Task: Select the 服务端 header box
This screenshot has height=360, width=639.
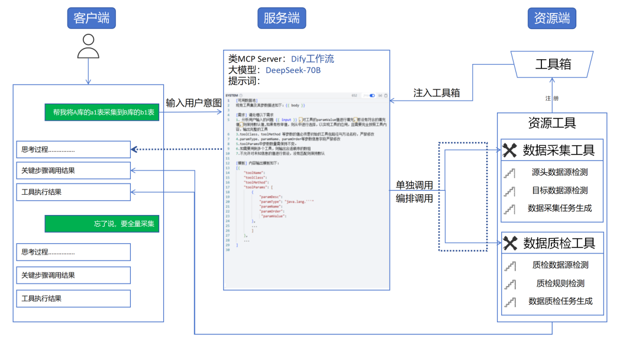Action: pyautogui.click(x=281, y=18)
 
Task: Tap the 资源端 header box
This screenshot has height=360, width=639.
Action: pyautogui.click(x=551, y=18)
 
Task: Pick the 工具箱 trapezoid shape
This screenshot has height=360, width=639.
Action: pyautogui.click(x=553, y=64)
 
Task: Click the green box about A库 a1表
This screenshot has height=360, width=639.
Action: pyautogui.click(x=102, y=112)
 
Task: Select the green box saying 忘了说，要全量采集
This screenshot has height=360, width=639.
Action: pyautogui.click(x=102, y=224)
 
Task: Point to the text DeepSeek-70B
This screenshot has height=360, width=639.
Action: pyautogui.click(x=293, y=70)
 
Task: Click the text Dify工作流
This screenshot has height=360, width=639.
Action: pyautogui.click(x=312, y=59)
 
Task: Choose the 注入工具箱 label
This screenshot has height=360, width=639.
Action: pyautogui.click(x=437, y=93)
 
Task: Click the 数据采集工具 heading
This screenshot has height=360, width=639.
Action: pyautogui.click(x=559, y=150)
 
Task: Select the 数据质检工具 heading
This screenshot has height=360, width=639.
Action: pyautogui.click(x=559, y=243)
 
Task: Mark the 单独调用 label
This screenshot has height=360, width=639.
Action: pyautogui.click(x=414, y=185)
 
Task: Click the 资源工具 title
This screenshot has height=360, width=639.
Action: pyautogui.click(x=551, y=123)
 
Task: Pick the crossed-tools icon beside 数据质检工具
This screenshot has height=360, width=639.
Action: pyautogui.click(x=510, y=243)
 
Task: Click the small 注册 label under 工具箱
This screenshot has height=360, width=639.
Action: pyautogui.click(x=551, y=98)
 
